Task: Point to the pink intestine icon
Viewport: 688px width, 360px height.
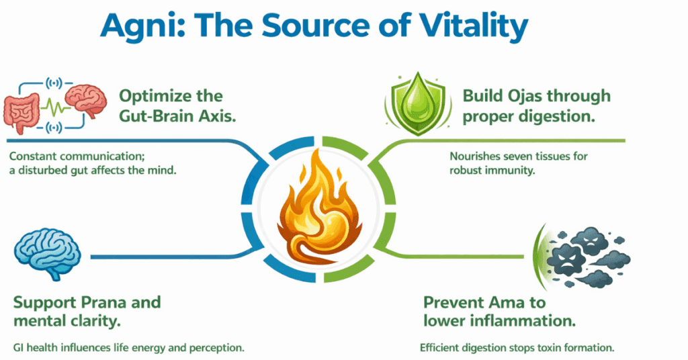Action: coord(21,111)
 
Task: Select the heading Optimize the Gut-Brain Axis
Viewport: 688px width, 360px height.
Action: coord(177,105)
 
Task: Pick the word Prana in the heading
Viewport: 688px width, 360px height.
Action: coord(103,302)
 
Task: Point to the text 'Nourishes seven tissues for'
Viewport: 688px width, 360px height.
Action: coord(519,156)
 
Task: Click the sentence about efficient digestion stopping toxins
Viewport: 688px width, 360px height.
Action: coord(517,348)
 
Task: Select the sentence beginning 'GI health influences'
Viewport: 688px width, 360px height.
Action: coord(128,348)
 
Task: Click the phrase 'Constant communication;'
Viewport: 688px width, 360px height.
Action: coord(77,156)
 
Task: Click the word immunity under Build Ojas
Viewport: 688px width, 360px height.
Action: coord(508,170)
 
